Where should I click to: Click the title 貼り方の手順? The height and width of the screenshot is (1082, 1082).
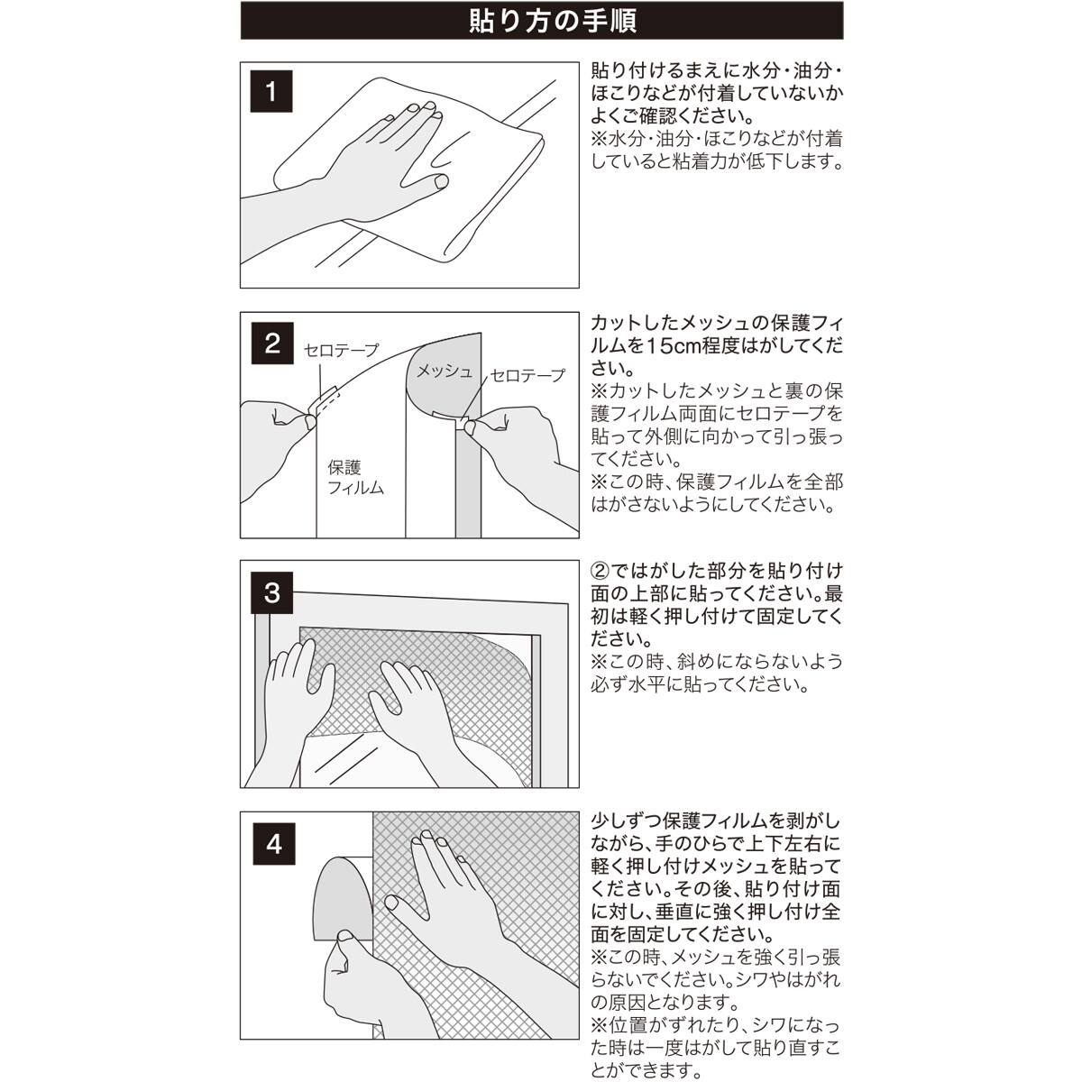tap(541, 20)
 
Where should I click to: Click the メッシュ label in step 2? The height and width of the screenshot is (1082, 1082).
tap(443, 371)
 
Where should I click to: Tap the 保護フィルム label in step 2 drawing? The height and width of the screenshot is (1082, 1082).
tap(354, 478)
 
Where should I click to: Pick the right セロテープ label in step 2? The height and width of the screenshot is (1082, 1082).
tap(527, 375)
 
